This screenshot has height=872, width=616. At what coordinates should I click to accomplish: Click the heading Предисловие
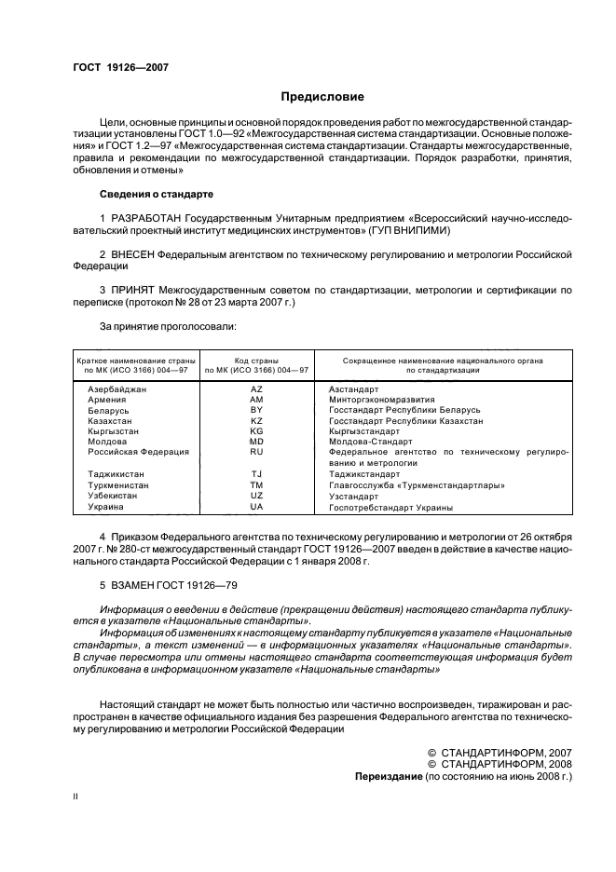coord(322,97)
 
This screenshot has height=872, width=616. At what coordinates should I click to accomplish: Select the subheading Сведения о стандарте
coord(156,194)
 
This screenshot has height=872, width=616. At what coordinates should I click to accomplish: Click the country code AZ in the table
coord(257,388)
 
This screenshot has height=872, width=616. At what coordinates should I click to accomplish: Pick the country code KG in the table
coord(257,431)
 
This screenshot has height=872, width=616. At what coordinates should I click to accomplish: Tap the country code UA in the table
coord(257,508)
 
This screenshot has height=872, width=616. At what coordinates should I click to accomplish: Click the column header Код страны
coord(257,360)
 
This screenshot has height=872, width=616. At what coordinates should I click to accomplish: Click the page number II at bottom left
coord(76,797)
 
